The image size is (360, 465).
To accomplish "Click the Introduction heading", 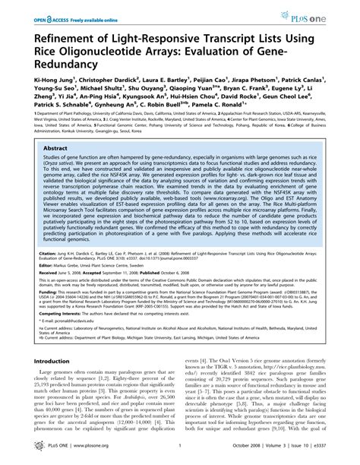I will pyautogui.click(x=49, y=362).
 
